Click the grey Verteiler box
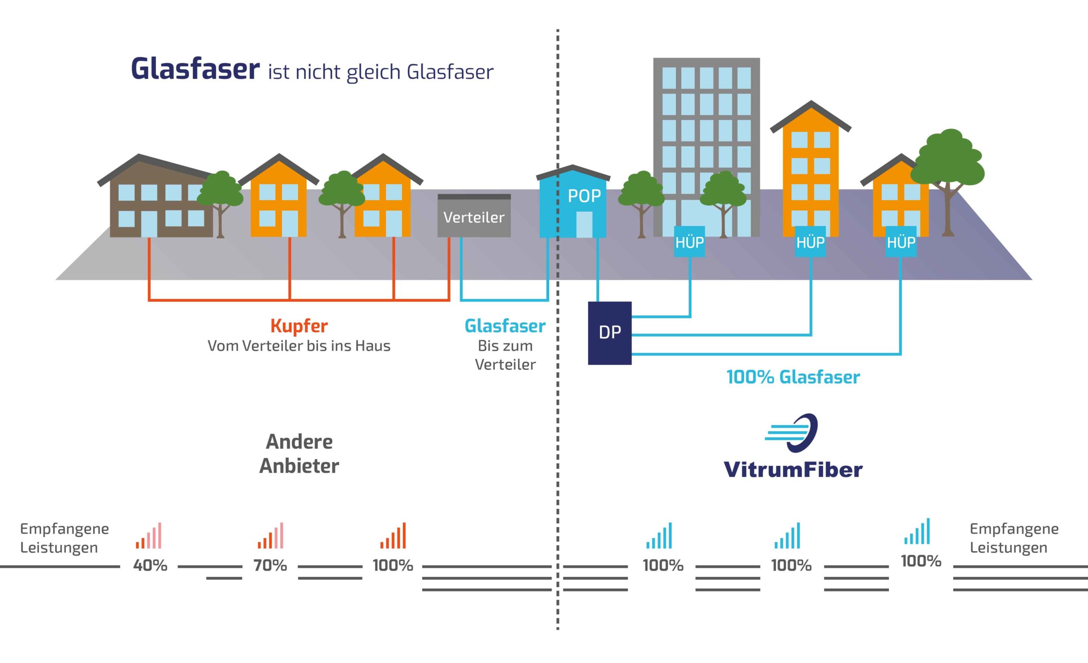click(x=474, y=216)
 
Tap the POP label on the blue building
click(x=584, y=196)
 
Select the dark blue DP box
click(x=609, y=333)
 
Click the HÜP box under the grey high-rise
click(x=689, y=241)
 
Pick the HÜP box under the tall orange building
click(x=810, y=241)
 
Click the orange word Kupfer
click(x=299, y=326)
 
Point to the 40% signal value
click(x=150, y=565)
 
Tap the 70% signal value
click(x=270, y=565)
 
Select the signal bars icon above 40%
click(x=148, y=536)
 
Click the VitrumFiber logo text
click(x=793, y=470)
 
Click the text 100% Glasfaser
click(x=793, y=377)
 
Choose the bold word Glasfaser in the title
click(x=195, y=70)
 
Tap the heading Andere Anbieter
click(x=299, y=454)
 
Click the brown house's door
click(x=149, y=224)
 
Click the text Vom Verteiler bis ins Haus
click(x=299, y=346)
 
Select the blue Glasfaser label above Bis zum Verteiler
click(x=505, y=326)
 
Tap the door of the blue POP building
click(x=584, y=224)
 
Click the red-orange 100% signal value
click(x=393, y=565)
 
